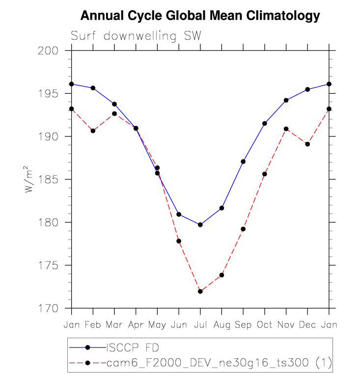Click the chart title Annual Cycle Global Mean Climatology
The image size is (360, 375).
click(x=200, y=16)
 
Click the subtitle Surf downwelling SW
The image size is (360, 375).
click(x=136, y=36)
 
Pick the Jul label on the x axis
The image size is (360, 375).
click(x=200, y=324)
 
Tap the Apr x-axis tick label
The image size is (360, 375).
click(x=136, y=325)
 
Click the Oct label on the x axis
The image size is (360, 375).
click(x=264, y=324)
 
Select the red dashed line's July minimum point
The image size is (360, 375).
click(x=200, y=292)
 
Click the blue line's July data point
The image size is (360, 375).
click(x=200, y=225)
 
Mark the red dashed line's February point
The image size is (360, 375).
click(x=93, y=131)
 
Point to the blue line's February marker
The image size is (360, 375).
click(x=93, y=88)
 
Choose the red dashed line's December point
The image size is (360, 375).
click(x=307, y=144)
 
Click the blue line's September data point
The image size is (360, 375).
click(x=243, y=161)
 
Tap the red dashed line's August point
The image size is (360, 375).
click(x=222, y=275)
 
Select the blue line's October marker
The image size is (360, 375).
click(x=265, y=123)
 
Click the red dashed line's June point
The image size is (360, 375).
click(x=179, y=241)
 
